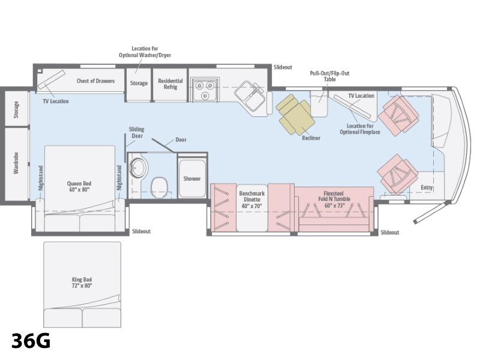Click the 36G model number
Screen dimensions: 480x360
pos(31,341)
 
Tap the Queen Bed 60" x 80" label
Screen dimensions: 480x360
pos(79,187)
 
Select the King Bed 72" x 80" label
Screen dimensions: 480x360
pos(82,282)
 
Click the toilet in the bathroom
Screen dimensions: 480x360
pos(159,187)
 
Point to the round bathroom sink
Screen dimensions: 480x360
pos(139,168)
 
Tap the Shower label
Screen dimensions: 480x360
pos(192,178)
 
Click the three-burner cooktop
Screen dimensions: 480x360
pos(205,89)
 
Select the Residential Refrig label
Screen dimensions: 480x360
pos(170,84)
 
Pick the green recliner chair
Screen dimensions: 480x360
pos(295,115)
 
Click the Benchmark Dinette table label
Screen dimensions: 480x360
pos(251,200)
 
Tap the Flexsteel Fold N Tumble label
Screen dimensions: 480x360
pos(334,199)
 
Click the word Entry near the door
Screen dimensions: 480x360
pos(427,187)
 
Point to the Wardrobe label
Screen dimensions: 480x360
pos(16,163)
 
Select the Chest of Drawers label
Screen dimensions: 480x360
pos(95,81)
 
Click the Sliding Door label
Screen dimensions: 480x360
pos(137,132)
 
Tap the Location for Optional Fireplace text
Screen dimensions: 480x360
pos(360,129)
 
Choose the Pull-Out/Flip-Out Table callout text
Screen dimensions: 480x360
pos(329,76)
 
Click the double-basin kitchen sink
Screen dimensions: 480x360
pos(250,96)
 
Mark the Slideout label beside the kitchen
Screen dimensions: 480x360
pos(283,67)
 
